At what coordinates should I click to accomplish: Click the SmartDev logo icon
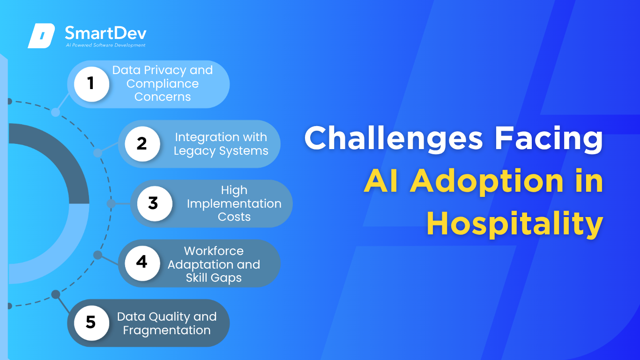[x=41, y=36]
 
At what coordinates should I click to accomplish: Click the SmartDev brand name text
[x=105, y=33]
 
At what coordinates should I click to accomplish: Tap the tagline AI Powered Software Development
[x=105, y=45]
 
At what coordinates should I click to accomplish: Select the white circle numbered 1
[x=91, y=84]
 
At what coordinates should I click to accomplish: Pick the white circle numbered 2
[x=142, y=144]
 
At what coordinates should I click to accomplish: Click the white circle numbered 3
[x=155, y=203]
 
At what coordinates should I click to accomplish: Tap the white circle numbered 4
[x=142, y=263]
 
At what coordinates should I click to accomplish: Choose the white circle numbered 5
[x=91, y=323]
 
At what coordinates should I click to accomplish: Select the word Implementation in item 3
[x=234, y=204]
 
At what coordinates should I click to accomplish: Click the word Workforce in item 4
[x=214, y=251]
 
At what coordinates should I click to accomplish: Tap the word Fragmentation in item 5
[x=167, y=330]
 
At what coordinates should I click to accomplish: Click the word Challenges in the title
[x=394, y=138]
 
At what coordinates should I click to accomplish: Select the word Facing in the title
[x=549, y=138]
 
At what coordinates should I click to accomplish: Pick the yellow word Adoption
[x=487, y=181]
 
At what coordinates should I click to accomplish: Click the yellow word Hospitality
[x=514, y=224]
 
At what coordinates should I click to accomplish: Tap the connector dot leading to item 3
[x=111, y=203]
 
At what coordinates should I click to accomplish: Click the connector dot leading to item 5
[x=56, y=294]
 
